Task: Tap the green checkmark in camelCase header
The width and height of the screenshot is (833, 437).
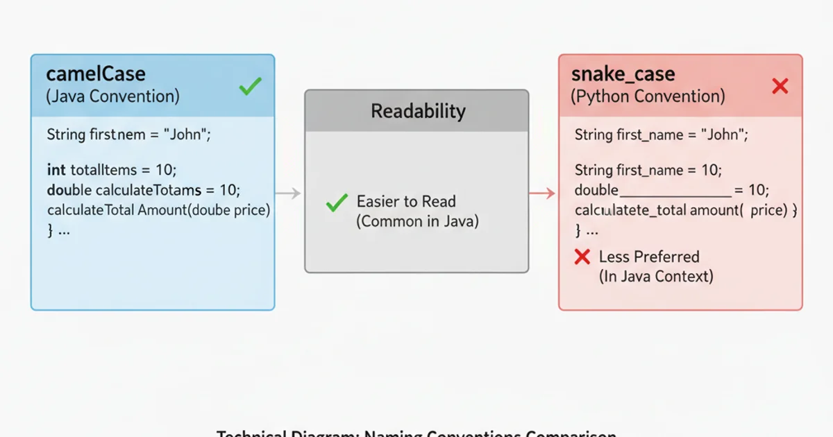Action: click(x=250, y=87)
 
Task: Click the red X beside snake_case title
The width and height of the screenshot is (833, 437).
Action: click(x=780, y=86)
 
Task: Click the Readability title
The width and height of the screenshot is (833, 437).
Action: click(x=418, y=111)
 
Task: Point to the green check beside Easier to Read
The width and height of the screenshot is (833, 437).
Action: click(x=337, y=203)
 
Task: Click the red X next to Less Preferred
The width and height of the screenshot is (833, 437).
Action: click(x=582, y=257)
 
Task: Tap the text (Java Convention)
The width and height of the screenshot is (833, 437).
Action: click(x=112, y=96)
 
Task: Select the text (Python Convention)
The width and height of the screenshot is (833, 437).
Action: click(x=648, y=96)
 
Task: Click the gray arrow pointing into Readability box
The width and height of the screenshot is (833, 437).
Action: click(x=288, y=194)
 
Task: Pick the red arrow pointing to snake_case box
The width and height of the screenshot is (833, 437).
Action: click(x=543, y=194)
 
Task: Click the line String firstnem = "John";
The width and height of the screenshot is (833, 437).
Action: click(x=128, y=135)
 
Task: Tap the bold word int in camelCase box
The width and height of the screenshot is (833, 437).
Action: click(x=56, y=169)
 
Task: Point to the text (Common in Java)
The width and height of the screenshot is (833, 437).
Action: click(x=417, y=222)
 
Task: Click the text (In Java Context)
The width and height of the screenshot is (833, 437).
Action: click(x=656, y=276)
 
